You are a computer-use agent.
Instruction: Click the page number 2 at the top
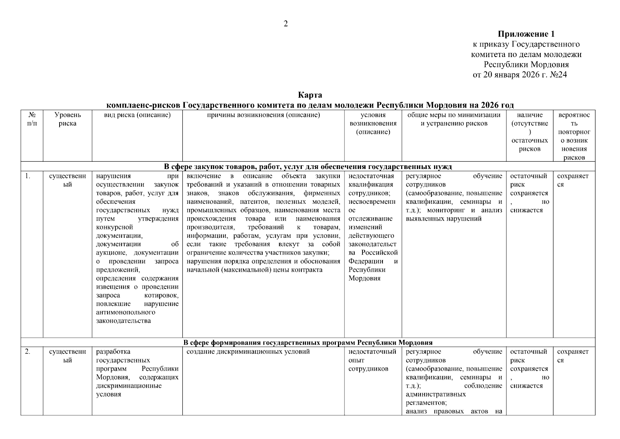(x=285, y=24)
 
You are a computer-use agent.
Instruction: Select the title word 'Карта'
(x=310, y=95)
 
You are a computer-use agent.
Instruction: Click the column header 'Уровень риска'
(x=68, y=119)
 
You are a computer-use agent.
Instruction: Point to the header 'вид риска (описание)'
(x=137, y=115)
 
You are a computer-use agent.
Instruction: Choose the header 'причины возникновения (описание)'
(x=263, y=115)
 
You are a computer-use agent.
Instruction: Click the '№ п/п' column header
(x=32, y=119)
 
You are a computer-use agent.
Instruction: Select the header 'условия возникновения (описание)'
(x=373, y=123)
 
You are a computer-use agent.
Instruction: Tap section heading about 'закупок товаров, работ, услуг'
(x=308, y=167)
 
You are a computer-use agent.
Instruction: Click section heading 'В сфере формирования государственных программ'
(x=308, y=343)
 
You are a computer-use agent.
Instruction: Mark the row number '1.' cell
(x=27, y=176)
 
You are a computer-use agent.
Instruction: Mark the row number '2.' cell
(x=27, y=352)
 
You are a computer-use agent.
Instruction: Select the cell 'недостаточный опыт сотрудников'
(x=372, y=360)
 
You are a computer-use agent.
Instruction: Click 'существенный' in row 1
(x=68, y=180)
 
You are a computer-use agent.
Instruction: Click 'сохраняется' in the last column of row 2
(x=573, y=356)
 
